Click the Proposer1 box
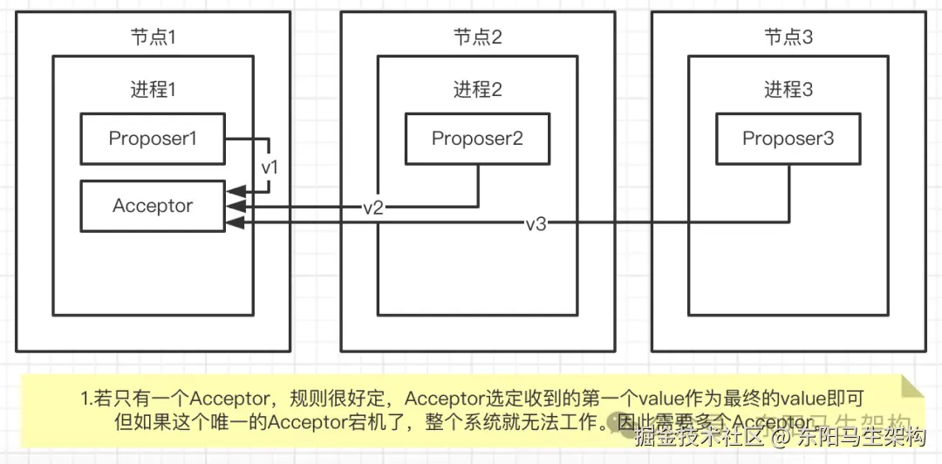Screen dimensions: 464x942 (153, 139)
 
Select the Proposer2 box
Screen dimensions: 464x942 (477, 139)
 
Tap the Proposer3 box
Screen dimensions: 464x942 (788, 139)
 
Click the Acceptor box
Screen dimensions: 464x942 (153, 207)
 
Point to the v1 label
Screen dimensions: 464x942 (270, 166)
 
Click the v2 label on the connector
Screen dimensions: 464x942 (373, 208)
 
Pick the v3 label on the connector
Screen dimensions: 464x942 (536, 224)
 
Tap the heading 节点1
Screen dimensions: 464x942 (153, 38)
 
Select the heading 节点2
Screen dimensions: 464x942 (477, 38)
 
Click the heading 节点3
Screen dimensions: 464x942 (788, 38)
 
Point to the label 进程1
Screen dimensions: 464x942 (153, 90)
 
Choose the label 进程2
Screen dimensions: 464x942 (477, 90)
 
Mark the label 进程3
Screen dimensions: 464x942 (788, 90)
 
